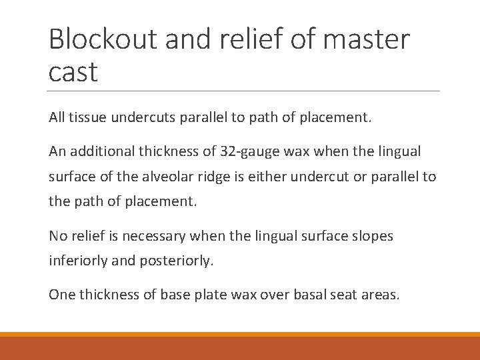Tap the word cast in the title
tap(73, 71)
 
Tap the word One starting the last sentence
tap(61, 294)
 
